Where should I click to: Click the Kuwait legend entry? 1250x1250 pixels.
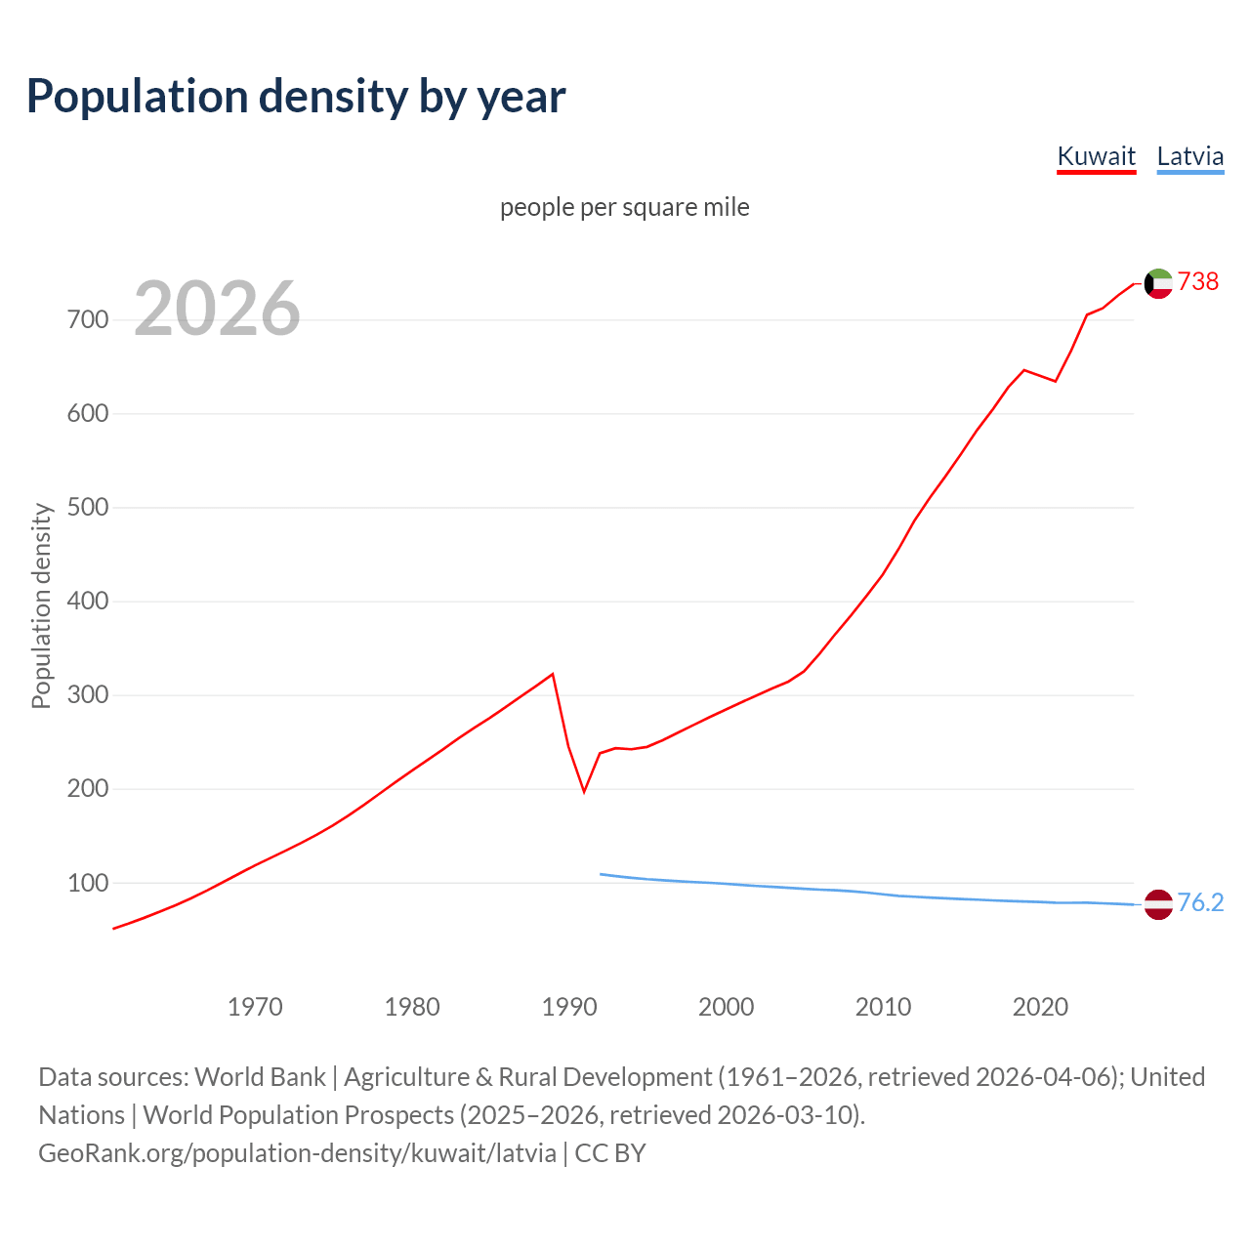pyautogui.click(x=1096, y=156)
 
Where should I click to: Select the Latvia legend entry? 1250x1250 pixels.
pyautogui.click(x=1189, y=156)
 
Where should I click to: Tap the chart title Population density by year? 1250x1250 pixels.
pyautogui.click(x=296, y=97)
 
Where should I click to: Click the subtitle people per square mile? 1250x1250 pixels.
pyautogui.click(x=624, y=207)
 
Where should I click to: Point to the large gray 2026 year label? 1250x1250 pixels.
pyautogui.click(x=217, y=309)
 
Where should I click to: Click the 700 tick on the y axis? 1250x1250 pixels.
pyautogui.click(x=88, y=320)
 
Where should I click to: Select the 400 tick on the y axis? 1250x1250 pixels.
pyautogui.click(x=88, y=602)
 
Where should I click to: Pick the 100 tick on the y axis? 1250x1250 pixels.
pyautogui.click(x=88, y=883)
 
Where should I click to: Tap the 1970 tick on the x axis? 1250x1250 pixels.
pyautogui.click(x=255, y=1007)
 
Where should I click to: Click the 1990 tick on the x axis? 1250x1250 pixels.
pyautogui.click(x=569, y=1007)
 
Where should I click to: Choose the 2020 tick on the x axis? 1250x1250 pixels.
pyautogui.click(x=1040, y=1007)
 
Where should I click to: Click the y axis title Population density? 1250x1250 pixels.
pyautogui.click(x=41, y=605)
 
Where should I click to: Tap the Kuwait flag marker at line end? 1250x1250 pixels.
pyautogui.click(x=1158, y=283)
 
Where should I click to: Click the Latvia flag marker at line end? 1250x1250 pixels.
pyautogui.click(x=1158, y=904)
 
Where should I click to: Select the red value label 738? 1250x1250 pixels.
pyautogui.click(x=1198, y=281)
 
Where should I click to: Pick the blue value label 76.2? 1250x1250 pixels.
pyautogui.click(x=1200, y=902)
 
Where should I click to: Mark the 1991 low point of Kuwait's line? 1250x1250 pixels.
pyautogui.click(x=584, y=791)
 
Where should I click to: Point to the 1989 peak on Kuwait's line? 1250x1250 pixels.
pyautogui.click(x=553, y=674)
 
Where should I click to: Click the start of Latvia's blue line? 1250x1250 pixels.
pyautogui.click(x=601, y=874)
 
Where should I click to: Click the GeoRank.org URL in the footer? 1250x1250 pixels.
pyautogui.click(x=297, y=1153)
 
